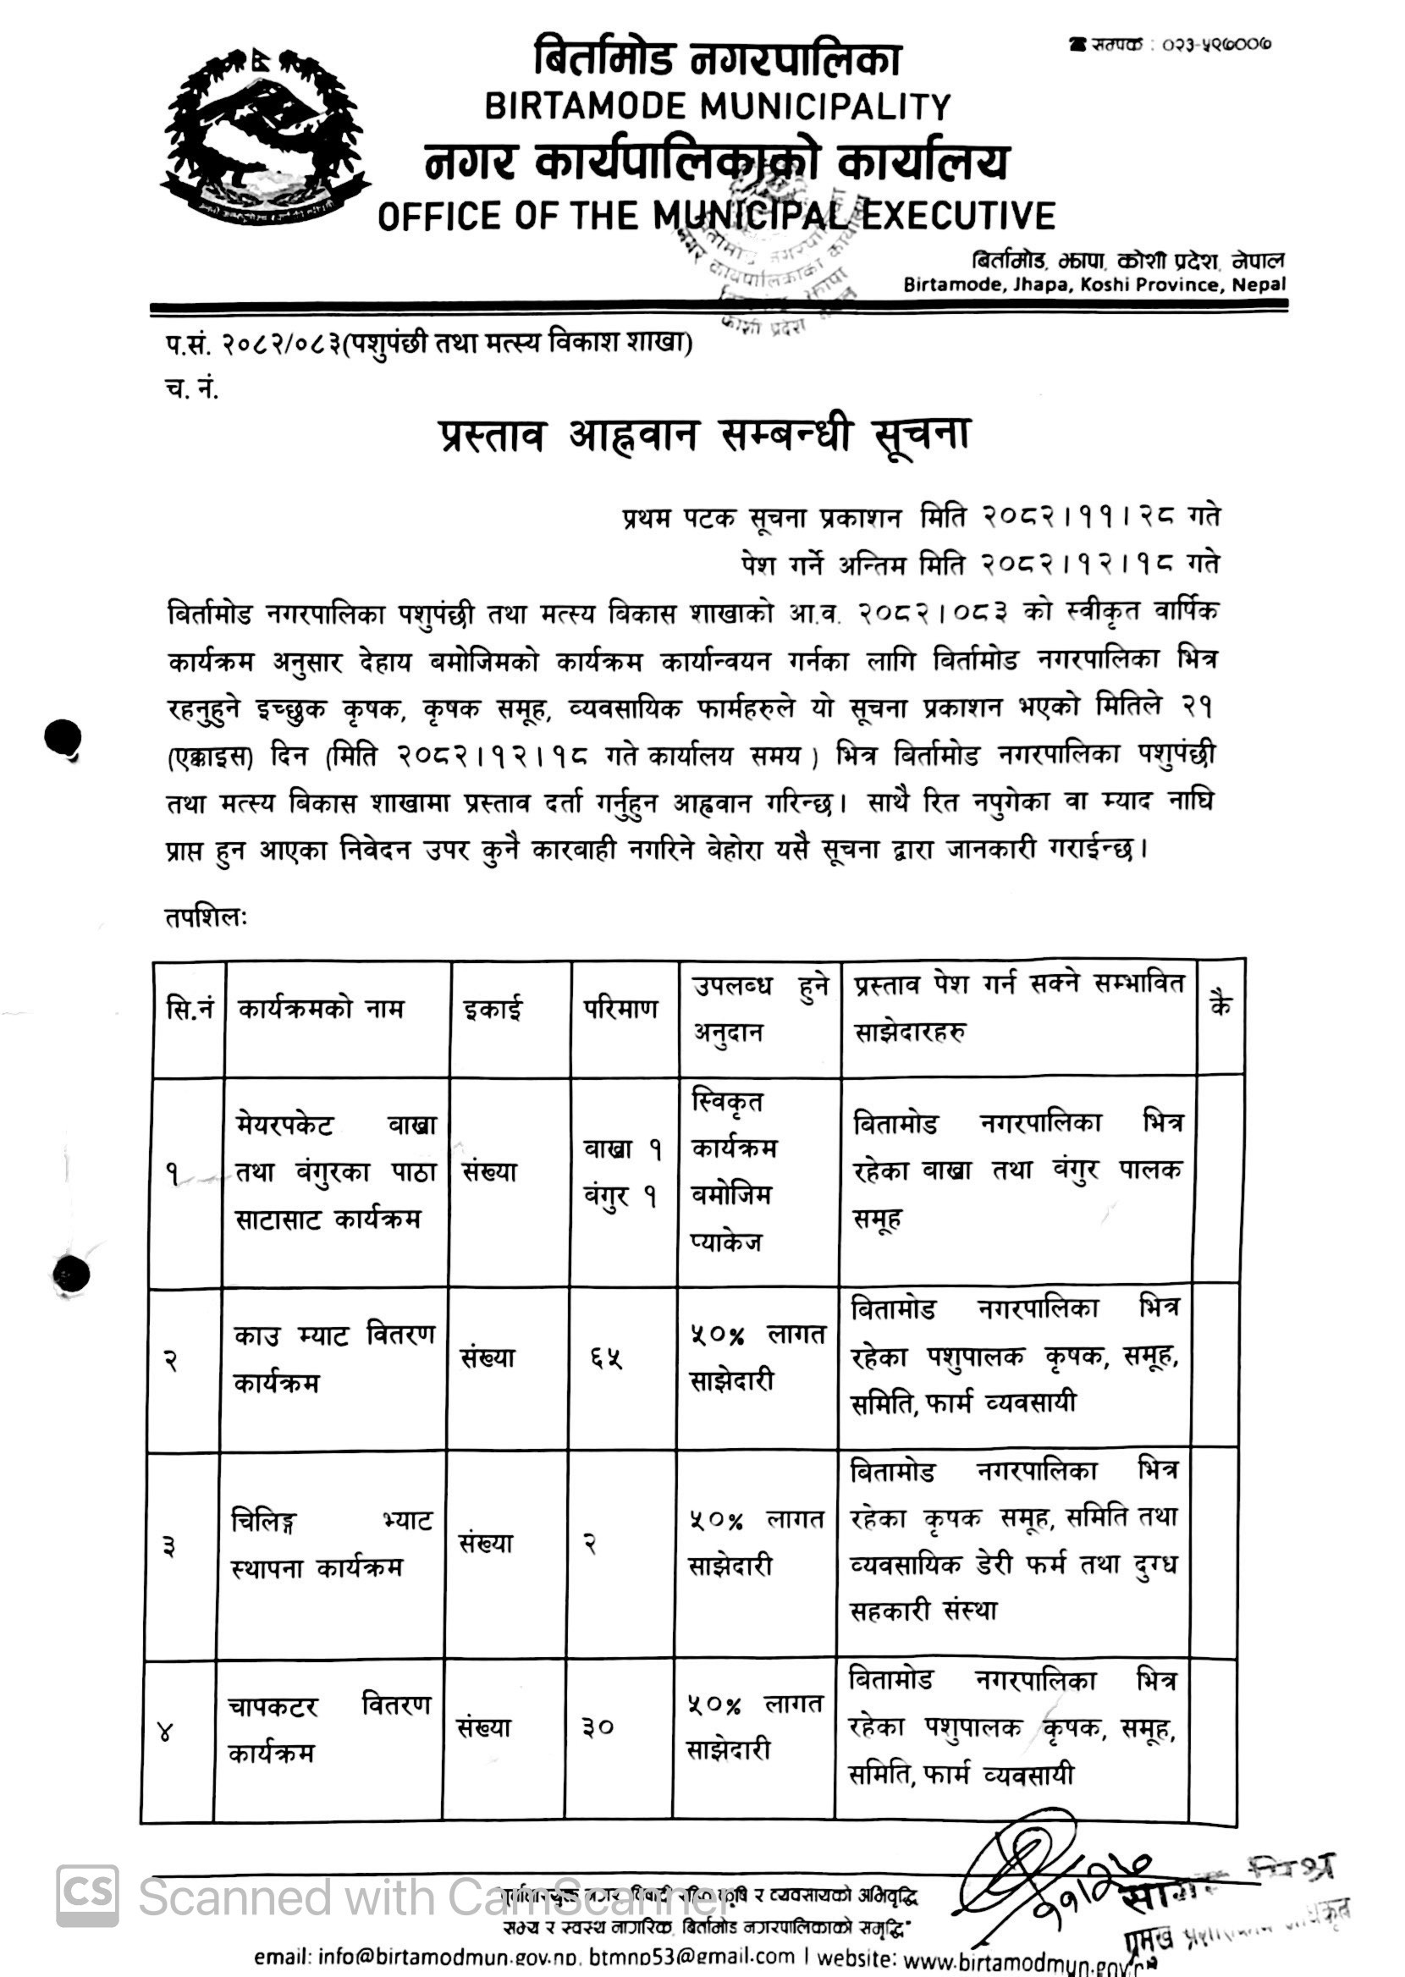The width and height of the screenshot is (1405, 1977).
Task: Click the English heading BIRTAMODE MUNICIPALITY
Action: [x=717, y=107]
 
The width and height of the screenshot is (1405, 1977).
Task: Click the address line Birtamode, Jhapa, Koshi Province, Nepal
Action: [x=1094, y=284]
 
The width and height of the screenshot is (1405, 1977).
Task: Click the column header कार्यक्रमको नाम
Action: [x=321, y=1010]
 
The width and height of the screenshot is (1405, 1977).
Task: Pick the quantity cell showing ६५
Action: [x=608, y=1358]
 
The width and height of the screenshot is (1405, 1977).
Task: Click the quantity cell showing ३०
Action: [x=598, y=1727]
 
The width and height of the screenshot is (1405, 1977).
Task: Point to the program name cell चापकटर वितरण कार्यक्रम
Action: [x=328, y=1729]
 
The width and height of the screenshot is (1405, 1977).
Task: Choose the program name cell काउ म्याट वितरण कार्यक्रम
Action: [x=333, y=1358]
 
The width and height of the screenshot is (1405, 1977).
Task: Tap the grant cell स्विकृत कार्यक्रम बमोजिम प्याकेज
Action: [x=735, y=1172]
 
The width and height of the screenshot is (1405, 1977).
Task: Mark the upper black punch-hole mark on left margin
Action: [x=63, y=738]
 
